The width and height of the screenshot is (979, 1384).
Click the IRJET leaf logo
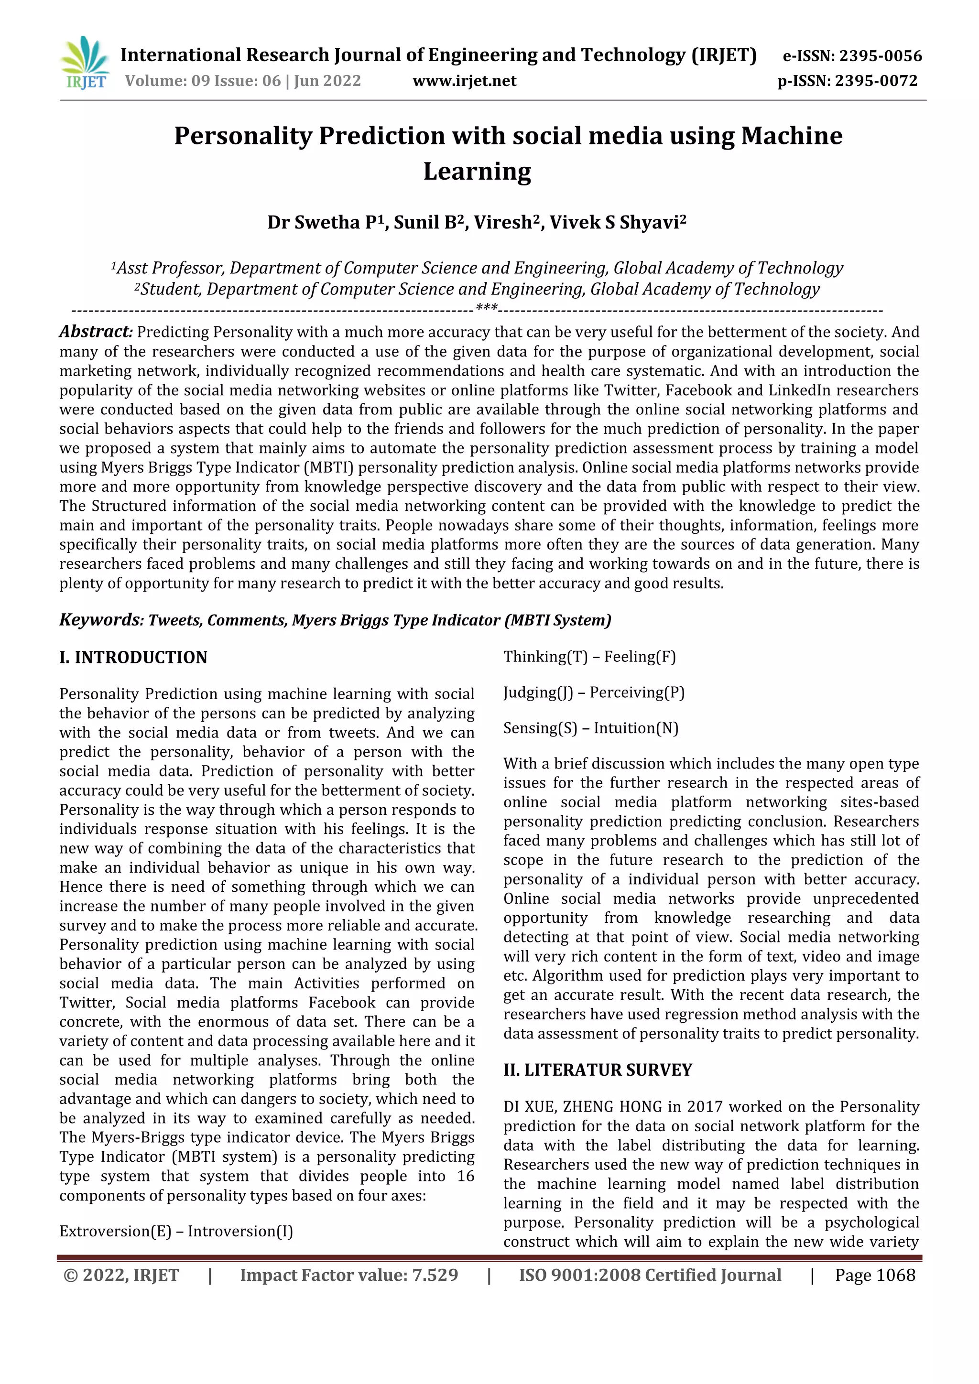(85, 63)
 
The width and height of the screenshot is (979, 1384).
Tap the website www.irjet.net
(464, 81)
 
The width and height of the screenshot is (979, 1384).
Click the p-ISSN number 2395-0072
(875, 81)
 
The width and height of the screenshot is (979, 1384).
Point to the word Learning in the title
(477, 171)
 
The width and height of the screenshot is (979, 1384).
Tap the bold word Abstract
(95, 332)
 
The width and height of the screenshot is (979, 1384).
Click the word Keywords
(101, 620)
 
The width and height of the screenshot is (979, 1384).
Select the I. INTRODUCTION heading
(133, 657)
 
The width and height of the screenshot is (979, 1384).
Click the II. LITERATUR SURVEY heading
(598, 1070)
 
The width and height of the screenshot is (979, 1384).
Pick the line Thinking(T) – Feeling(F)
(589, 657)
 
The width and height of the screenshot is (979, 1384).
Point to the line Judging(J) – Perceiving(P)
(594, 692)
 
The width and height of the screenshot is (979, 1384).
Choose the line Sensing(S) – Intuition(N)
(591, 728)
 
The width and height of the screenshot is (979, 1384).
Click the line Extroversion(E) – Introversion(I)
(176, 1231)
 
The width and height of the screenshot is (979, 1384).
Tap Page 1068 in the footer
(875, 1275)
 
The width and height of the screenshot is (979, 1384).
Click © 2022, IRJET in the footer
(121, 1275)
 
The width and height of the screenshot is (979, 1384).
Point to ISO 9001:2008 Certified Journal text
(650, 1275)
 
